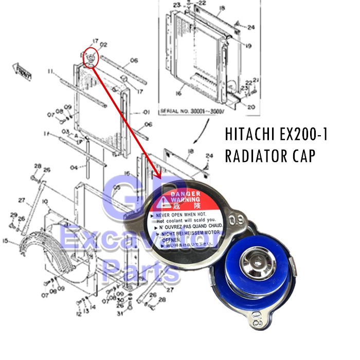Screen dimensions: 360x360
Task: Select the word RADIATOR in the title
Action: coord(257,155)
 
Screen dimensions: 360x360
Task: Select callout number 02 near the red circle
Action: coord(103,45)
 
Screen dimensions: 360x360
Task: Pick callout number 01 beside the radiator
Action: coord(146,112)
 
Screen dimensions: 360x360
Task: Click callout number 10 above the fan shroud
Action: coord(45,201)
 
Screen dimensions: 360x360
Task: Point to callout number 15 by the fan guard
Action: coord(5,240)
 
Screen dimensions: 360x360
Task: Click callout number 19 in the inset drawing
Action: coord(248,46)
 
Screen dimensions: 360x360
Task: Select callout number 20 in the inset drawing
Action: coord(251,107)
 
